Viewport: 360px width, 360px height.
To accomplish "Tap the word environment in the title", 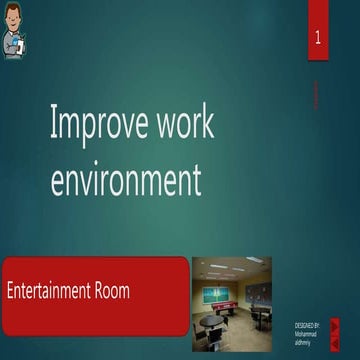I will point(125,179).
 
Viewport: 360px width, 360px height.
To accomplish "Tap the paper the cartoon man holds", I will point(19,45).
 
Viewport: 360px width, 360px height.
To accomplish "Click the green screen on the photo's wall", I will point(214,294).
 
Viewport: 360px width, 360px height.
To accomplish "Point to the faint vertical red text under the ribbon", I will point(317,95).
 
